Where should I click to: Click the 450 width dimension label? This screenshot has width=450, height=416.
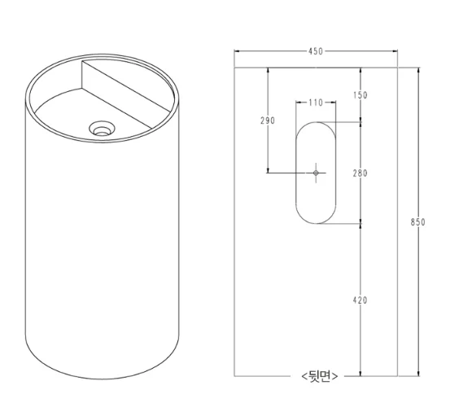[x=316, y=51]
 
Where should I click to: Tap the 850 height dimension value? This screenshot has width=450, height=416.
[x=418, y=222]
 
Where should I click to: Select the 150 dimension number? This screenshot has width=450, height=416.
[x=360, y=95]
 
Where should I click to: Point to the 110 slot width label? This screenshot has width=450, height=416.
[x=316, y=103]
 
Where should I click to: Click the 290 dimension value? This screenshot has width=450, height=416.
[x=268, y=120]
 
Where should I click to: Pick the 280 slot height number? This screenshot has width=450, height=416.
[x=360, y=173]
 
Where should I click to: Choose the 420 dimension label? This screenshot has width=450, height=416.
[x=360, y=300]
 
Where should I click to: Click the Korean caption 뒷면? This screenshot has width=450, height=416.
[x=320, y=376]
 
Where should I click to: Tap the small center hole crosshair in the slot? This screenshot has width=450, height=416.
[x=316, y=173]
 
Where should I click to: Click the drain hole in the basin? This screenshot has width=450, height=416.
[x=102, y=129]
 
